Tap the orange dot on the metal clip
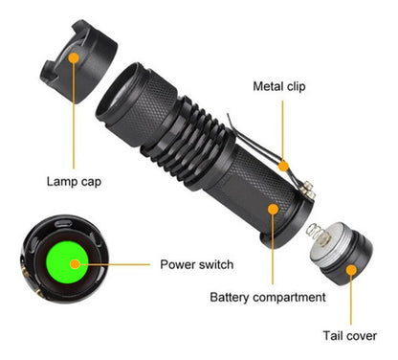(x=284, y=166)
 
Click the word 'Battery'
(x=232, y=297)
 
